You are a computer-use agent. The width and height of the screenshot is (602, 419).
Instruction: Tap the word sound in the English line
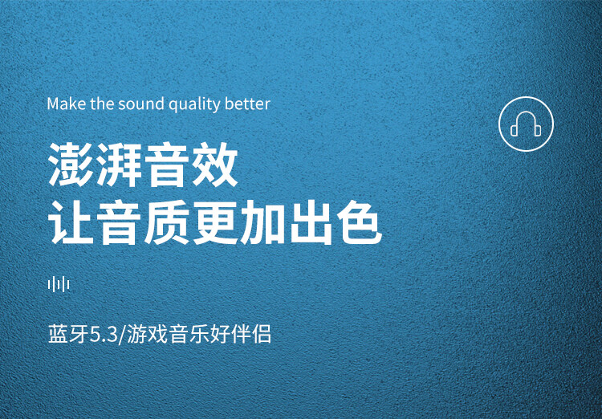click(141, 104)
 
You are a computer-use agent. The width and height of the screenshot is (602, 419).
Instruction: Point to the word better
click(248, 104)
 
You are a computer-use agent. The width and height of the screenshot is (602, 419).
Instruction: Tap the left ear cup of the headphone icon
click(514, 131)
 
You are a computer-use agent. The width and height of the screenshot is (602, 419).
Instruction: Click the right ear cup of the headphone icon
click(538, 131)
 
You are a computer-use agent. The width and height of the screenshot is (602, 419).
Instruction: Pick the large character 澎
click(71, 165)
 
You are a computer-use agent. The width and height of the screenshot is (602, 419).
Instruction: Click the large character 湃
click(119, 165)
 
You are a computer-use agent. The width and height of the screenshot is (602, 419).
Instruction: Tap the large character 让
click(71, 223)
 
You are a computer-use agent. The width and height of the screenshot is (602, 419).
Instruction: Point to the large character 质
click(167, 223)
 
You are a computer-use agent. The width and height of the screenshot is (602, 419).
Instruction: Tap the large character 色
click(359, 223)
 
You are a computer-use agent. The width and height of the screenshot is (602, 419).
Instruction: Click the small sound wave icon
click(59, 285)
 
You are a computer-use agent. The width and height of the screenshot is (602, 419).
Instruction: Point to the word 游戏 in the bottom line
click(147, 334)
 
